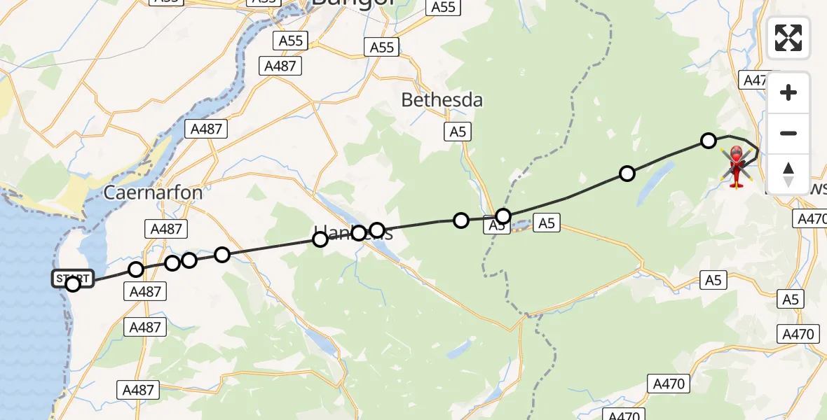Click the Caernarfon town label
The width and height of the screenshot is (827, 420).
coord(153,192)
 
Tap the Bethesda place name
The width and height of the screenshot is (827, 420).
coord(442,100)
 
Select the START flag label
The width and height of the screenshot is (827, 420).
coord(72,278)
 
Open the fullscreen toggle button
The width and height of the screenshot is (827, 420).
coord(788,38)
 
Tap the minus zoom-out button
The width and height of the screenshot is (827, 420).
coord(788,133)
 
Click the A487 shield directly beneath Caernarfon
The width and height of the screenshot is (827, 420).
coord(166,228)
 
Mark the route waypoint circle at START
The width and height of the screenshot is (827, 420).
coord(73,283)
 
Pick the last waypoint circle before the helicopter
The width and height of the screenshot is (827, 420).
coord(709,141)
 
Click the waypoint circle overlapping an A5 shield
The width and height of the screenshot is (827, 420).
coord(503,216)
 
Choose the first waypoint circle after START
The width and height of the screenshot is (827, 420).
coord(136,269)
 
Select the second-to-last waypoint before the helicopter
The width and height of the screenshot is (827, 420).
coord(627,173)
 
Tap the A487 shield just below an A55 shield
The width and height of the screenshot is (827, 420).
coord(282,66)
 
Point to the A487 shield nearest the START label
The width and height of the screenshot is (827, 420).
coord(146,291)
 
